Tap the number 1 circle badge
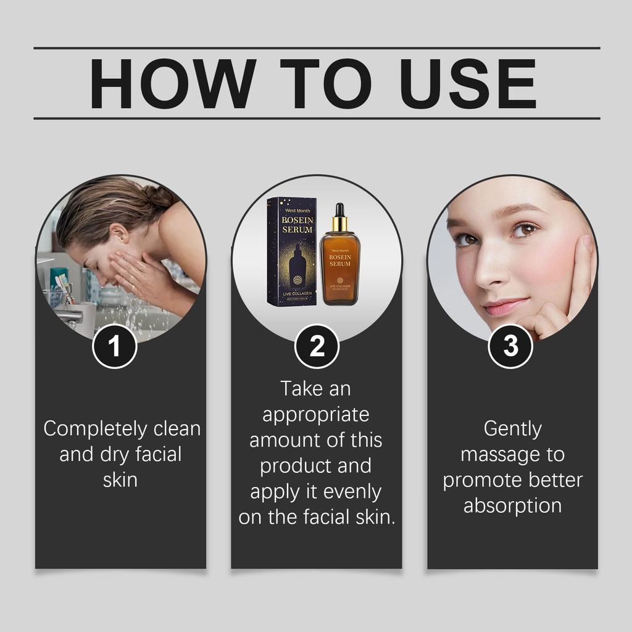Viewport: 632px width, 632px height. (x=114, y=347)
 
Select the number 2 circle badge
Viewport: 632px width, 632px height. (x=317, y=347)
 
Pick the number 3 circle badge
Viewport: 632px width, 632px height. (x=510, y=347)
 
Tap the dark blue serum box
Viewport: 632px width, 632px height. (x=291, y=253)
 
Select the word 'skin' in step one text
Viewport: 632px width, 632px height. (x=120, y=480)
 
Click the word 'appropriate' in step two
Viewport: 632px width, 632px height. (x=316, y=415)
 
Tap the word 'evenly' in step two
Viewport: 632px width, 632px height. (x=350, y=492)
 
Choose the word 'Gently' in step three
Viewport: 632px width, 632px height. (x=512, y=429)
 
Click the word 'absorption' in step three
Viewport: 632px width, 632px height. (x=512, y=505)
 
